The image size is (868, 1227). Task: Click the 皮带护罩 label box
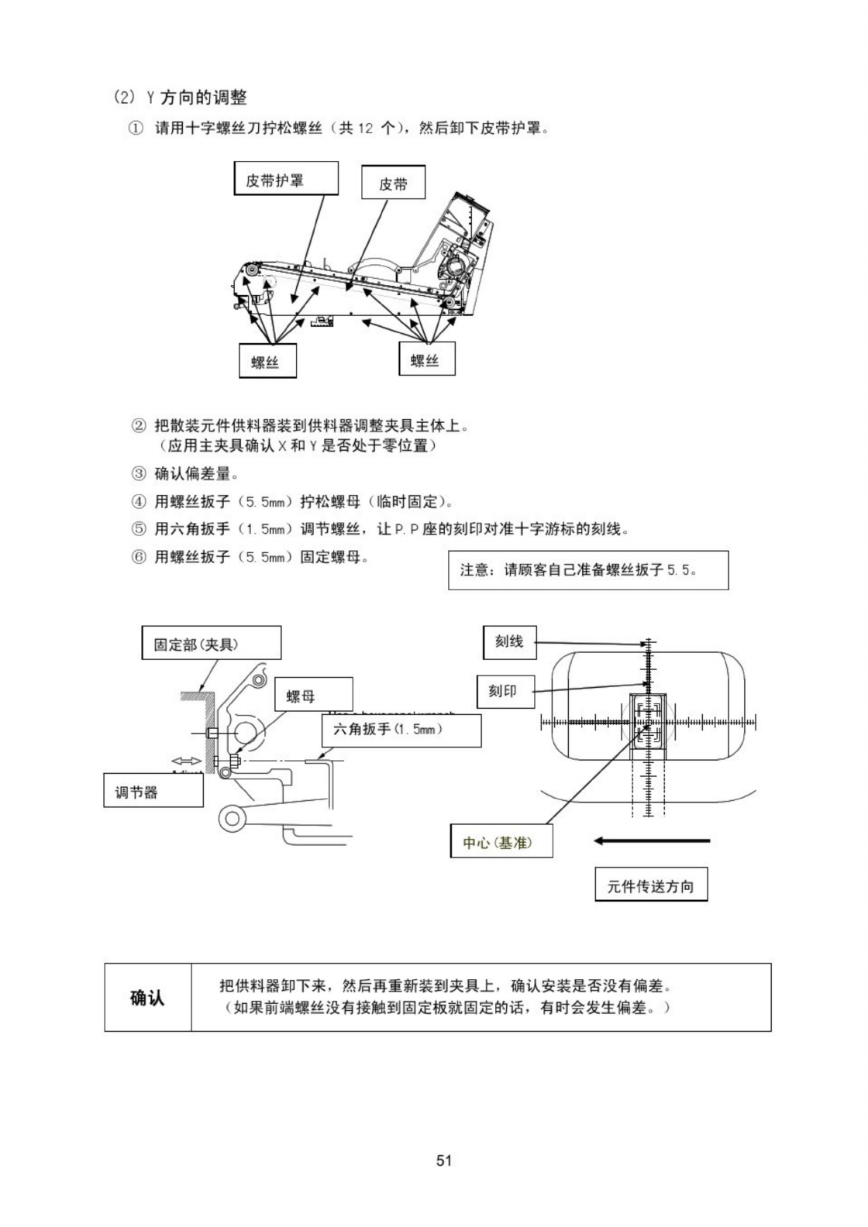coord(286,179)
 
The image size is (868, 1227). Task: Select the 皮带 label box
coord(393,183)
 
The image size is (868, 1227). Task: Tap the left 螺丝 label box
coord(267,361)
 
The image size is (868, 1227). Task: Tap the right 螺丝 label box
coord(426,359)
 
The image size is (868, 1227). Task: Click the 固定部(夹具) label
coord(211,644)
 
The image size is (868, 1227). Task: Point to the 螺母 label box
coord(314,695)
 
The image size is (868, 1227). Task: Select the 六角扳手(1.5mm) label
coord(401,730)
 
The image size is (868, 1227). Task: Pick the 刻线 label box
coord(509,642)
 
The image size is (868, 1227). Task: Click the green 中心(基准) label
coord(501,842)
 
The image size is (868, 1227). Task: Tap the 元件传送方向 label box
coord(650,885)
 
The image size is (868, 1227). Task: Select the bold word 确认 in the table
coord(147,997)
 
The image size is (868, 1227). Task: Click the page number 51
coord(444,1160)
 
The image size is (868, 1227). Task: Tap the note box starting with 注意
coord(587,570)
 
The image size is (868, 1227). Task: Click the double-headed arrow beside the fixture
coord(187,761)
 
